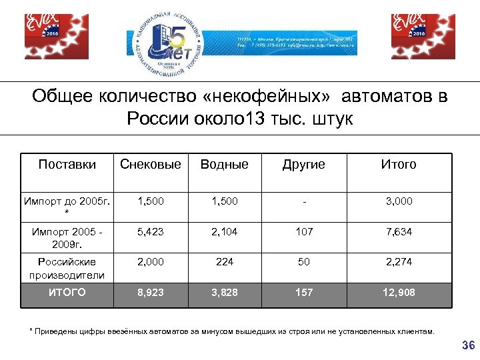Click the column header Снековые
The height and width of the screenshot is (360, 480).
(150, 164)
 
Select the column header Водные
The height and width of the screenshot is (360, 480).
(225, 164)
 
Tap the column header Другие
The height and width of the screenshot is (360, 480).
(303, 164)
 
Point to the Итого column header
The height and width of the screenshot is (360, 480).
(398, 164)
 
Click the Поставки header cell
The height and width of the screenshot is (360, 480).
(67, 164)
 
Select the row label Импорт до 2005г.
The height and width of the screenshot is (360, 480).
(67, 205)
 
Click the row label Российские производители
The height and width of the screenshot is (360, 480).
(67, 268)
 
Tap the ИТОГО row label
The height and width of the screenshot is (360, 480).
(67, 293)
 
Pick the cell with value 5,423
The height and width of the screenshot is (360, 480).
(150, 232)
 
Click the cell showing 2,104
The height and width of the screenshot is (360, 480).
(225, 232)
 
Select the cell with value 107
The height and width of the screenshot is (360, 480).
(303, 232)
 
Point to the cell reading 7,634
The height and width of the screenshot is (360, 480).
(398, 232)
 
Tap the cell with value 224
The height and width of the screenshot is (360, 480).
(225, 262)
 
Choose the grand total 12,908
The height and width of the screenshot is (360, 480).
(398, 293)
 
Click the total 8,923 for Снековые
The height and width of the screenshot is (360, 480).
(150, 293)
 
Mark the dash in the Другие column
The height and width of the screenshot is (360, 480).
(303, 201)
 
